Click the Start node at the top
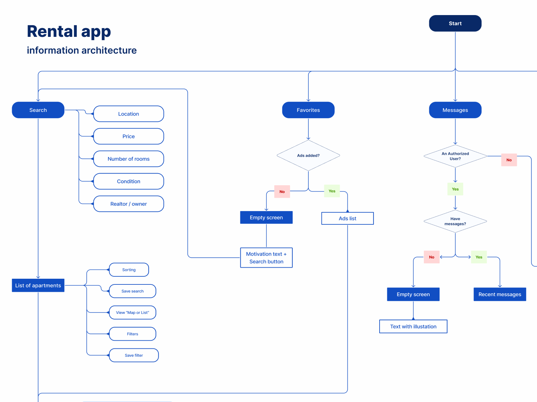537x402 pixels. (455, 23)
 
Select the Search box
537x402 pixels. (38, 110)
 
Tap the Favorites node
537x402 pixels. (308, 110)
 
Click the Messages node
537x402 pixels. (455, 110)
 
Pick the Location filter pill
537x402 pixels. (129, 114)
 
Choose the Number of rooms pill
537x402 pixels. (129, 159)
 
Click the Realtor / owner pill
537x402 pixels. (129, 204)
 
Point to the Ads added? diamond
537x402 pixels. (308, 155)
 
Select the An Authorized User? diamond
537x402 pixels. (455, 156)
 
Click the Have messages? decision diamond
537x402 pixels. (455, 221)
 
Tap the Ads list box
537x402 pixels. (347, 218)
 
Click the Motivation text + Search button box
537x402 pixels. (266, 258)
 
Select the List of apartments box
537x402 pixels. (38, 285)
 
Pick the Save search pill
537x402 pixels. (133, 291)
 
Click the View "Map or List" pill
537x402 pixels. (133, 313)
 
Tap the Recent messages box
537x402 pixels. (500, 294)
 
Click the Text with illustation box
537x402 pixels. (413, 326)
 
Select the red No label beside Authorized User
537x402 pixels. (509, 160)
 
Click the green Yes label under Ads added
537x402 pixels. (332, 191)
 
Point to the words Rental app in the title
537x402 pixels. (69, 31)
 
